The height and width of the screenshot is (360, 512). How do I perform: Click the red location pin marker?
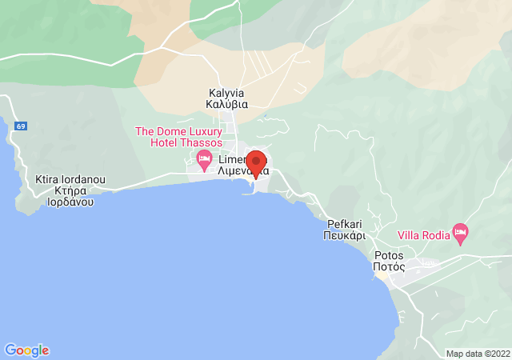click(x=255, y=163)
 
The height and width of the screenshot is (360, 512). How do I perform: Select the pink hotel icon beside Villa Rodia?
click(x=459, y=233)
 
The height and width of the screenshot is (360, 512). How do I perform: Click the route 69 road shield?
click(x=20, y=126)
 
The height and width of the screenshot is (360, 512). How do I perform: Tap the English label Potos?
click(x=389, y=256)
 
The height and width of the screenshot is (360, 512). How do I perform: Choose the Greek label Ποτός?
click(x=389, y=268)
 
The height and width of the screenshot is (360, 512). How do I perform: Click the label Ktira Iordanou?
click(x=70, y=180)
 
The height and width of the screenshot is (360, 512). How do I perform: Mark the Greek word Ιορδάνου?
click(x=70, y=202)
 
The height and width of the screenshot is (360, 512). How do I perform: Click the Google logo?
click(x=26, y=350)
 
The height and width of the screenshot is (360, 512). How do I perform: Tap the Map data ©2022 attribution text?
click(x=477, y=354)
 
